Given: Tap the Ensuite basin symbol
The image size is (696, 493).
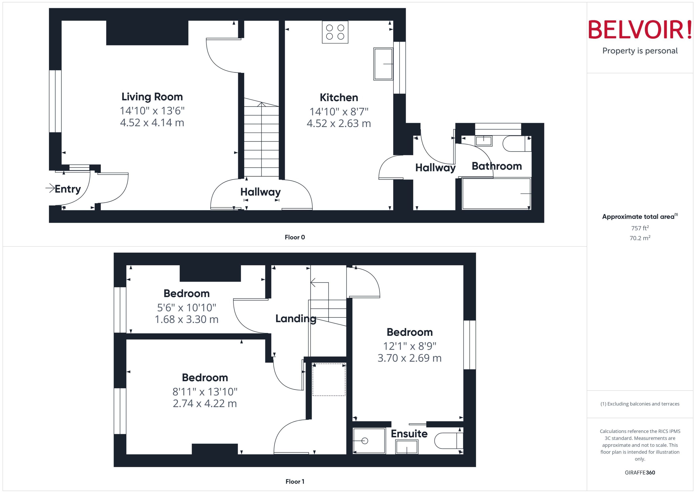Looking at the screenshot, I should coord(406,447).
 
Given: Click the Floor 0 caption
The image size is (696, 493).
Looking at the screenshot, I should coord(295,237).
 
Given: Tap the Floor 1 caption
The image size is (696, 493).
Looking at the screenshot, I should coord(295,481).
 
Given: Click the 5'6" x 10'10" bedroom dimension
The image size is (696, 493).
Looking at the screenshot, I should coord(187,308).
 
